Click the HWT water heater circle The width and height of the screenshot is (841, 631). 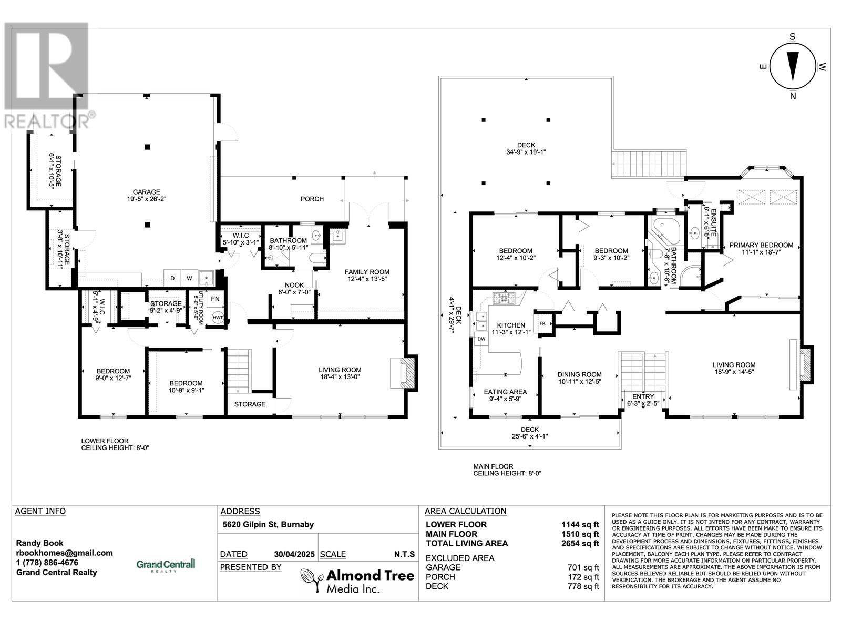tap(218, 318)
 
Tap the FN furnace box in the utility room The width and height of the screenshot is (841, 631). tap(216, 299)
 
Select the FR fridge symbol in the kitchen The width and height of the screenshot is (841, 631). tap(542, 323)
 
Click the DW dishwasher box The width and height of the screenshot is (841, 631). tap(481, 339)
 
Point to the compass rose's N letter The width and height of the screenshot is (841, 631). tap(793, 96)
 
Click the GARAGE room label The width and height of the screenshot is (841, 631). tap(146, 192)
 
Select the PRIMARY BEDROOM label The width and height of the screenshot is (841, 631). tap(761, 245)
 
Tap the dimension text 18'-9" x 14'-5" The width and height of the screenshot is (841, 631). tap(734, 371)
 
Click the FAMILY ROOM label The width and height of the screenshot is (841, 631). tap(367, 272)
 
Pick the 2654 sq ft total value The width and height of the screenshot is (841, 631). tap(580, 543)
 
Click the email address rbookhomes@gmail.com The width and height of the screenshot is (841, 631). tap(64, 553)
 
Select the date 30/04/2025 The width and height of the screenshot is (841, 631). tap(294, 554)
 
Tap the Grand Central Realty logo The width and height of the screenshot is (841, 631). tap(166, 565)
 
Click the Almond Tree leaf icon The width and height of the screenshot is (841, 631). tap(311, 580)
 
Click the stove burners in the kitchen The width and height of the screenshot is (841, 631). tap(504, 298)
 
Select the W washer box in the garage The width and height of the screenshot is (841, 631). tap(189, 278)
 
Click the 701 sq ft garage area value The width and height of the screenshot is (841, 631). tap(583, 567)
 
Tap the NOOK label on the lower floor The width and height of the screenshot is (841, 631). tap(294, 285)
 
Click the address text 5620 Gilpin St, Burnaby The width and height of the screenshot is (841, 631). tap(268, 524)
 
